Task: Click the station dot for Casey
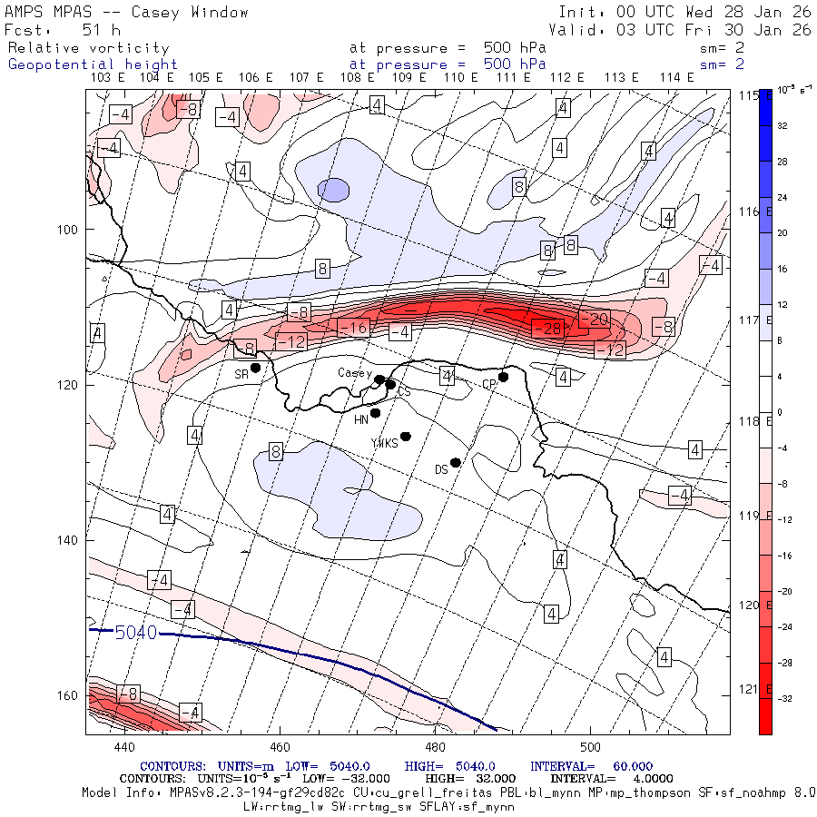379,380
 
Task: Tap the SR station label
241,374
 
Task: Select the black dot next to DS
456,462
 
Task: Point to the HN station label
361,419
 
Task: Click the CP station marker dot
503,377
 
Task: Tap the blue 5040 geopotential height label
136,632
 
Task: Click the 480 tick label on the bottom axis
435,746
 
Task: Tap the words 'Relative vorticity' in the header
88,47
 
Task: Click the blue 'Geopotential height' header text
93,64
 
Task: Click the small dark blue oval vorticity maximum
333,190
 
